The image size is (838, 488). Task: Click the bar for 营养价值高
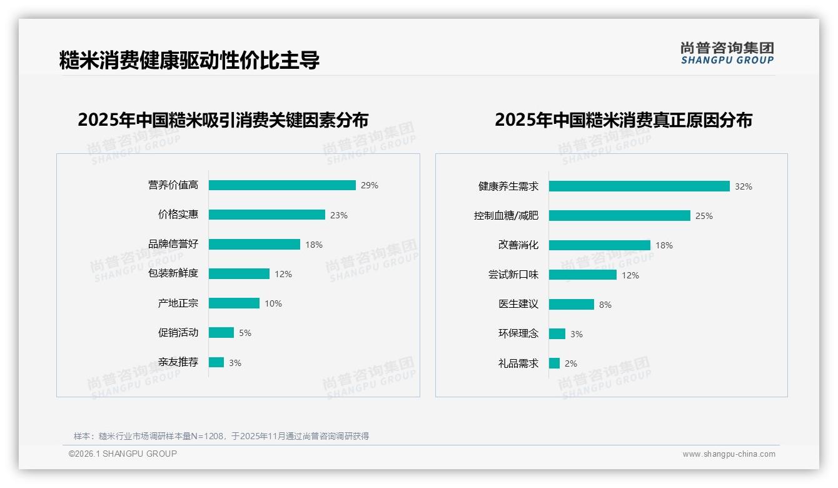(282, 185)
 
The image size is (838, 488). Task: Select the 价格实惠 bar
(267, 215)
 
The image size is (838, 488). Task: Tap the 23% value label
(339, 215)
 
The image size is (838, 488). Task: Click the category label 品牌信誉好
(173, 244)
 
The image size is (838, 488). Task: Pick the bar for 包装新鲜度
(239, 274)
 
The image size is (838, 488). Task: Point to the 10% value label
(273, 303)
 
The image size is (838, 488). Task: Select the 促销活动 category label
(178, 333)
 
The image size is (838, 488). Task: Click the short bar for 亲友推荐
(216, 362)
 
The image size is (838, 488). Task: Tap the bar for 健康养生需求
(639, 186)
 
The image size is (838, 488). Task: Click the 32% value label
(744, 186)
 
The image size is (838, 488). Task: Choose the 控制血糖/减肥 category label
(506, 216)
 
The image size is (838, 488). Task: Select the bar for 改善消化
(600, 245)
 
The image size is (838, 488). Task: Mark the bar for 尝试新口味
(583, 275)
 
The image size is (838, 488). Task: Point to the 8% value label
(605, 305)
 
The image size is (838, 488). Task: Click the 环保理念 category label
(518, 334)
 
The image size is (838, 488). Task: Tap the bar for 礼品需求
(554, 363)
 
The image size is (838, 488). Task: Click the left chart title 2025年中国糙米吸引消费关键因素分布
(223, 120)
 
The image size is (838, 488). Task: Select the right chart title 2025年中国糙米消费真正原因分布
(623, 120)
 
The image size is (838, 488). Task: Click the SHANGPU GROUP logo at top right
(727, 53)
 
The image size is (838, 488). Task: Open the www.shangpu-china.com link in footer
(729, 454)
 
